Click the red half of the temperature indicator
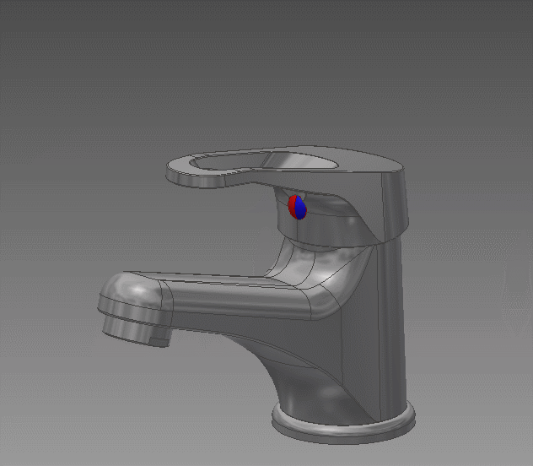(293, 205)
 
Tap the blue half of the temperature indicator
(300, 209)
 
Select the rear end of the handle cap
(396, 203)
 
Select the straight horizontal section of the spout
(228, 295)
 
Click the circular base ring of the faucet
(342, 426)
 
